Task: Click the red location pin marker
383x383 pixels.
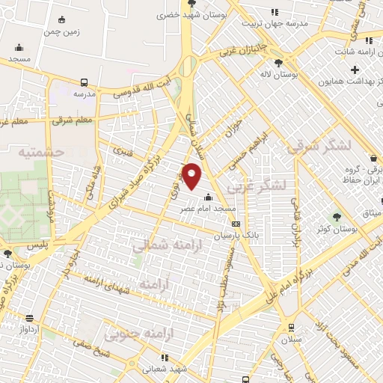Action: tap(193, 176)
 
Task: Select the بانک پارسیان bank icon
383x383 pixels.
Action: tap(236, 223)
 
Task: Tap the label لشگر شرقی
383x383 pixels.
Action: tap(316, 147)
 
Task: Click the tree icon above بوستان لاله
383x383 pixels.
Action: tap(279, 63)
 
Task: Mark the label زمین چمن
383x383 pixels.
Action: tap(65, 33)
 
